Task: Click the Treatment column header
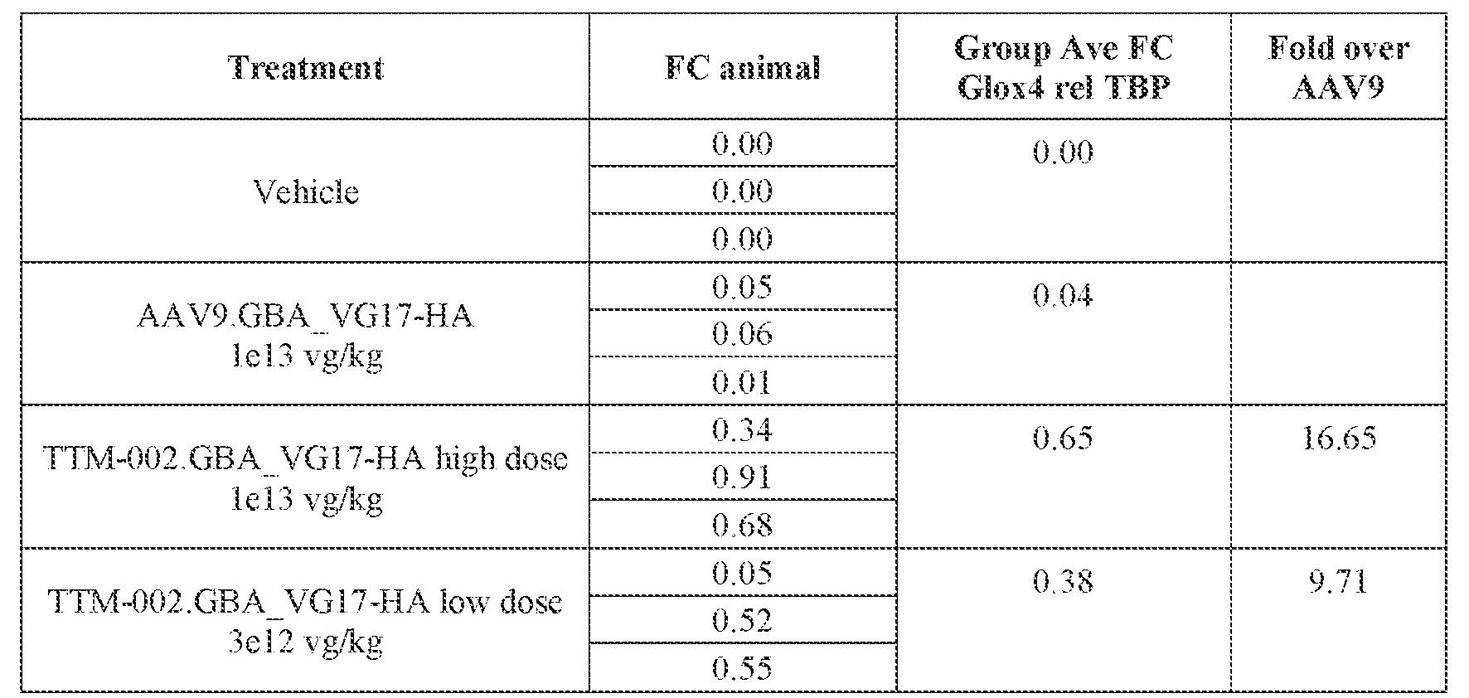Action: (x=305, y=67)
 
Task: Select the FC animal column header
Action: (x=742, y=67)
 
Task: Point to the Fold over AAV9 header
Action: (x=1338, y=67)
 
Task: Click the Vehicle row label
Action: (x=305, y=191)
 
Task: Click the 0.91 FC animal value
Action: (x=742, y=477)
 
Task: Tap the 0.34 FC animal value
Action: (x=742, y=429)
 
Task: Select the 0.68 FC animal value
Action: (x=742, y=525)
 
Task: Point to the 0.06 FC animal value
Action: (x=742, y=334)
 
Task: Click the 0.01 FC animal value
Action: (x=742, y=382)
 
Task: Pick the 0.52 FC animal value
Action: (x=742, y=620)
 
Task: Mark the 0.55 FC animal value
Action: (x=742, y=668)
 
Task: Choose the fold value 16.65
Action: (x=1338, y=438)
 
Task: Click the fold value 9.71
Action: (x=1338, y=581)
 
